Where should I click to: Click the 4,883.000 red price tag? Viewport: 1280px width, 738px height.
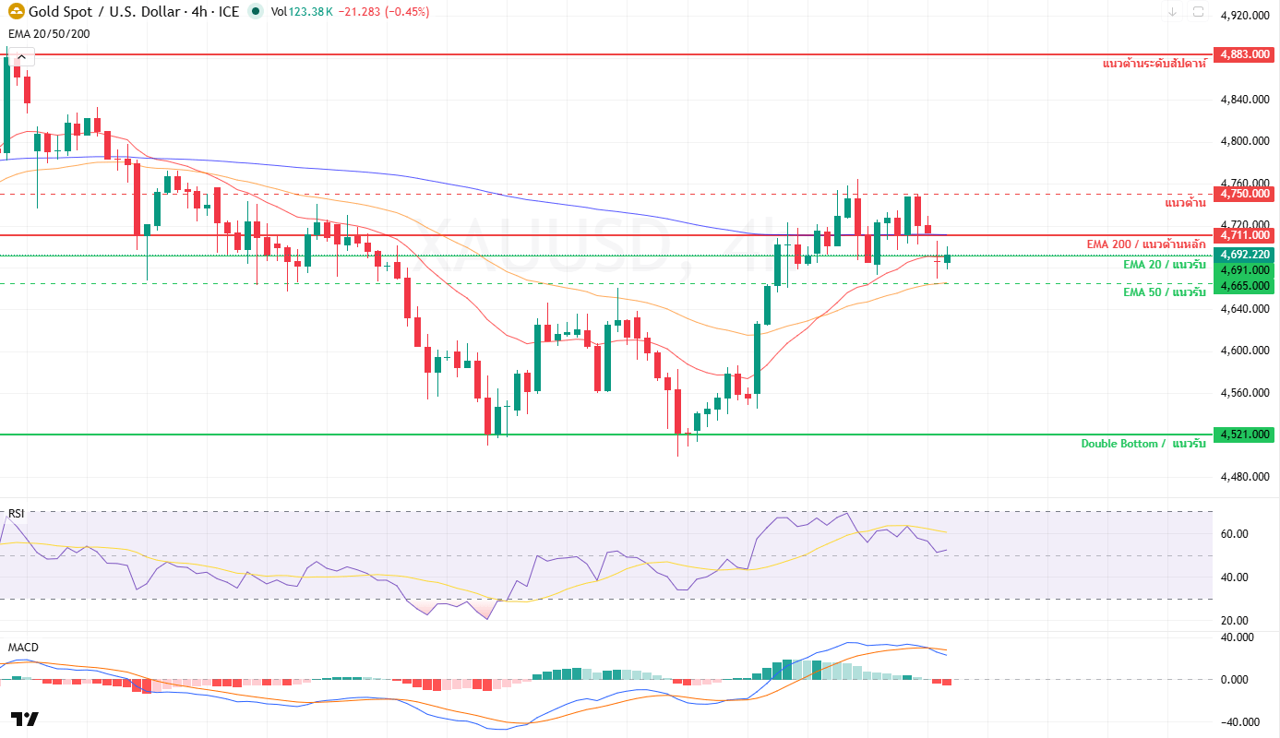[x=1245, y=54]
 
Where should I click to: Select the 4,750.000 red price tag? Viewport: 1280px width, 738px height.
[x=1245, y=194]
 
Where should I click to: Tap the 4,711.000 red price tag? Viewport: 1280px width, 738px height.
[x=1245, y=235]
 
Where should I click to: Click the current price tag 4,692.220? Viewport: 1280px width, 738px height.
[x=1245, y=255]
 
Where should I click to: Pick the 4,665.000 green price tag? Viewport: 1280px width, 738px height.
[x=1245, y=286]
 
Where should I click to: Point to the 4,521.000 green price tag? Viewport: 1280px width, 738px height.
[x=1245, y=434]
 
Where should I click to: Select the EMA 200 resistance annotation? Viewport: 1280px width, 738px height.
[x=1146, y=244]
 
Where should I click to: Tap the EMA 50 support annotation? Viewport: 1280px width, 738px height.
[x=1165, y=292]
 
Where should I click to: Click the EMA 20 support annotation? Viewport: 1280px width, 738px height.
[x=1165, y=265]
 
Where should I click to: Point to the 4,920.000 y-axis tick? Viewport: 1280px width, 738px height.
[x=1245, y=16]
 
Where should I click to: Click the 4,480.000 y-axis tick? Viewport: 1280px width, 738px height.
[x=1245, y=476]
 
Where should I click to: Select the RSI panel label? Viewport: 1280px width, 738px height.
[x=16, y=514]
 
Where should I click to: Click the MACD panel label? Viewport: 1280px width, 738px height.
[x=23, y=648]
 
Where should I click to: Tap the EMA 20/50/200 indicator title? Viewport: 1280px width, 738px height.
[x=49, y=34]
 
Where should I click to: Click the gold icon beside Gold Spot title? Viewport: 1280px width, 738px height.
[x=16, y=11]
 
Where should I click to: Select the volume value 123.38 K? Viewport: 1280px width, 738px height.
[x=311, y=12]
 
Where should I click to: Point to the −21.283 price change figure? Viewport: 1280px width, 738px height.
[x=359, y=12]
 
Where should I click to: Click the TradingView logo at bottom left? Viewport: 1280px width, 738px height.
[x=25, y=720]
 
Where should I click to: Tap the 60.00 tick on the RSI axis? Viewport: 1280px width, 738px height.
[x=1234, y=534]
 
